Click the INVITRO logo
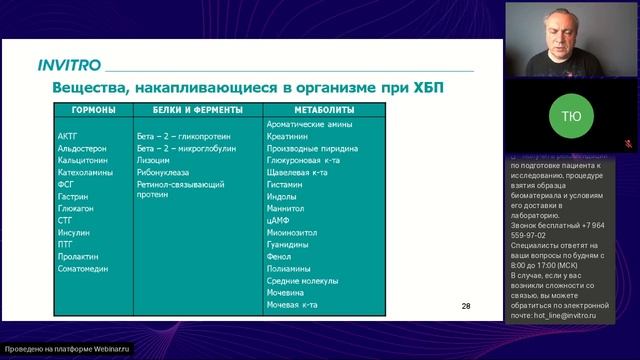click(69, 65)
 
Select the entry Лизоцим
click(153, 159)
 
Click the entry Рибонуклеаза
click(163, 173)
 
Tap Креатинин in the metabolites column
click(289, 134)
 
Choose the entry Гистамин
click(287, 187)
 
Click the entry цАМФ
click(282, 214)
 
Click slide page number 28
click(466, 306)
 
